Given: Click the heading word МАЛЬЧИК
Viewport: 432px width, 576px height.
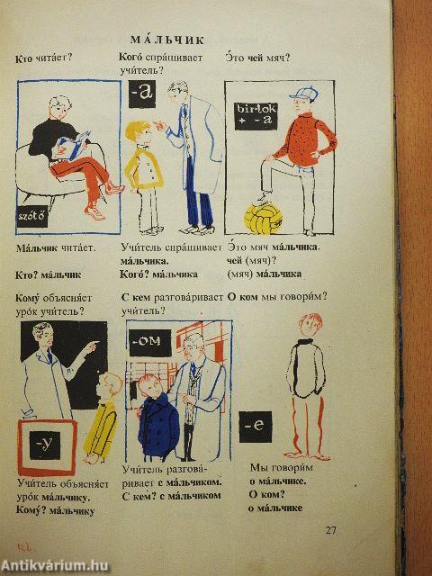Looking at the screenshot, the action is click(167, 40).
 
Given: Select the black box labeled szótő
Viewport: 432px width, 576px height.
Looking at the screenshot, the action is click(32, 216).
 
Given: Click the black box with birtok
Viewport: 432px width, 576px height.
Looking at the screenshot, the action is click(256, 116).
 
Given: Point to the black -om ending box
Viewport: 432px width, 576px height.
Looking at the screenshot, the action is click(150, 343).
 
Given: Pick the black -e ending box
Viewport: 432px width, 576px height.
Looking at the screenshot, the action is click(256, 427).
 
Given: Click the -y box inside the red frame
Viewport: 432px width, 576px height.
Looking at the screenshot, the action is click(45, 445).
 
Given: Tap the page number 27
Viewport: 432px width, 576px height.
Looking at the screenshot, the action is click(330, 530).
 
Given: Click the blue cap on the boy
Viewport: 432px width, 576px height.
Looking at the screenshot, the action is click(304, 94).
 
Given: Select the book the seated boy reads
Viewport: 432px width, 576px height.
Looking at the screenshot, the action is click(74, 146).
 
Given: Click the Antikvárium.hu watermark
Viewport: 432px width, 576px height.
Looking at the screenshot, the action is click(54, 566).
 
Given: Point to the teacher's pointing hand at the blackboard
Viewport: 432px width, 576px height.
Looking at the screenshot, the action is click(92, 345).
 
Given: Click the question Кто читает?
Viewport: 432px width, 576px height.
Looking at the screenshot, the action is click(44, 58).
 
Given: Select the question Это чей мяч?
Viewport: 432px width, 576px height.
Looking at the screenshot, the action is click(257, 58).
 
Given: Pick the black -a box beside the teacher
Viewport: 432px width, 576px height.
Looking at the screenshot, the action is click(142, 94).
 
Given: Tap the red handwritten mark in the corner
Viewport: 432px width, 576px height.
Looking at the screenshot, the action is click(25, 547).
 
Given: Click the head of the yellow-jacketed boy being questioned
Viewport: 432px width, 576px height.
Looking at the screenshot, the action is click(138, 134).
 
